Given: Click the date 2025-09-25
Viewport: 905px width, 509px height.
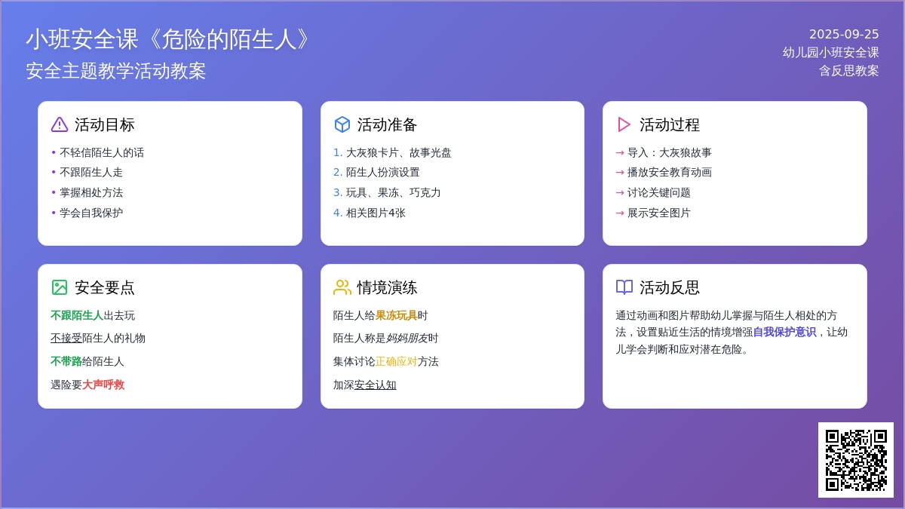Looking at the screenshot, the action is pyautogui.click(x=844, y=35).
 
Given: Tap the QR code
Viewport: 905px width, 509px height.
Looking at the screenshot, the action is pyautogui.click(x=856, y=460).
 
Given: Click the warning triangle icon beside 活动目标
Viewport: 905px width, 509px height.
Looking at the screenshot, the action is pyautogui.click(x=60, y=124).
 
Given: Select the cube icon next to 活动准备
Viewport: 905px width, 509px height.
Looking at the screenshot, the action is pyautogui.click(x=342, y=124).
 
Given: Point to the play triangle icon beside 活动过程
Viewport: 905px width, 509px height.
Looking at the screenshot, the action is pyautogui.click(x=624, y=124).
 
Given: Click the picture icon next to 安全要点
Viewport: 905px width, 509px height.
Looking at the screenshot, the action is pyautogui.click(x=60, y=287).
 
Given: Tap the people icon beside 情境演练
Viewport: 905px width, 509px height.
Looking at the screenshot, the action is pyautogui.click(x=342, y=287).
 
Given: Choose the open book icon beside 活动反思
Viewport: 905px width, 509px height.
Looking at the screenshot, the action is pyautogui.click(x=624, y=287).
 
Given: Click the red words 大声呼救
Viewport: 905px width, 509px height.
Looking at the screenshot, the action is pyautogui.click(x=103, y=385).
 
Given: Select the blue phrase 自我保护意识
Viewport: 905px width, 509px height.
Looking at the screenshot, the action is pyautogui.click(x=784, y=332).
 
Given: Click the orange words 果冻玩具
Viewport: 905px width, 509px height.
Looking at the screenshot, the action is pyautogui.click(x=396, y=315).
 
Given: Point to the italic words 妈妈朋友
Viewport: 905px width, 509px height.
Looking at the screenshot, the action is pyautogui.click(x=406, y=338).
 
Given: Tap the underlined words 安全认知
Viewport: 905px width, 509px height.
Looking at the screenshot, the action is pyautogui.click(x=375, y=385).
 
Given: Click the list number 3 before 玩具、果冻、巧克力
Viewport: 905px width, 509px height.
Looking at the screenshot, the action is pyautogui.click(x=337, y=193).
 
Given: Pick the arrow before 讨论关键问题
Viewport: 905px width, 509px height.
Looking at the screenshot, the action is pyautogui.click(x=620, y=193).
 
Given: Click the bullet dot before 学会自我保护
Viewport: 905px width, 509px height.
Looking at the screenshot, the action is pyautogui.click(x=54, y=213).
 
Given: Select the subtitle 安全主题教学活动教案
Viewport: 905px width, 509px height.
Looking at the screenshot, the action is pyautogui.click(x=116, y=71).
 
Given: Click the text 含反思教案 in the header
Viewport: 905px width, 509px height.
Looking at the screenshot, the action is pyautogui.click(x=849, y=71).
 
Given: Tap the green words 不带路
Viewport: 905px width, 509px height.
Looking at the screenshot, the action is pyautogui.click(x=66, y=361).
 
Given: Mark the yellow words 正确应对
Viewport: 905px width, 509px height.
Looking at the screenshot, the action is pyautogui.click(x=396, y=361).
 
